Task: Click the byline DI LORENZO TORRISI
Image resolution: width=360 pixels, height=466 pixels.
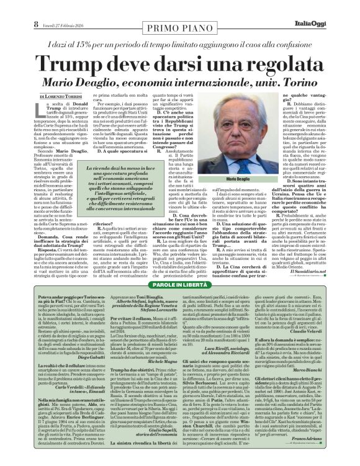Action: (61, 97)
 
